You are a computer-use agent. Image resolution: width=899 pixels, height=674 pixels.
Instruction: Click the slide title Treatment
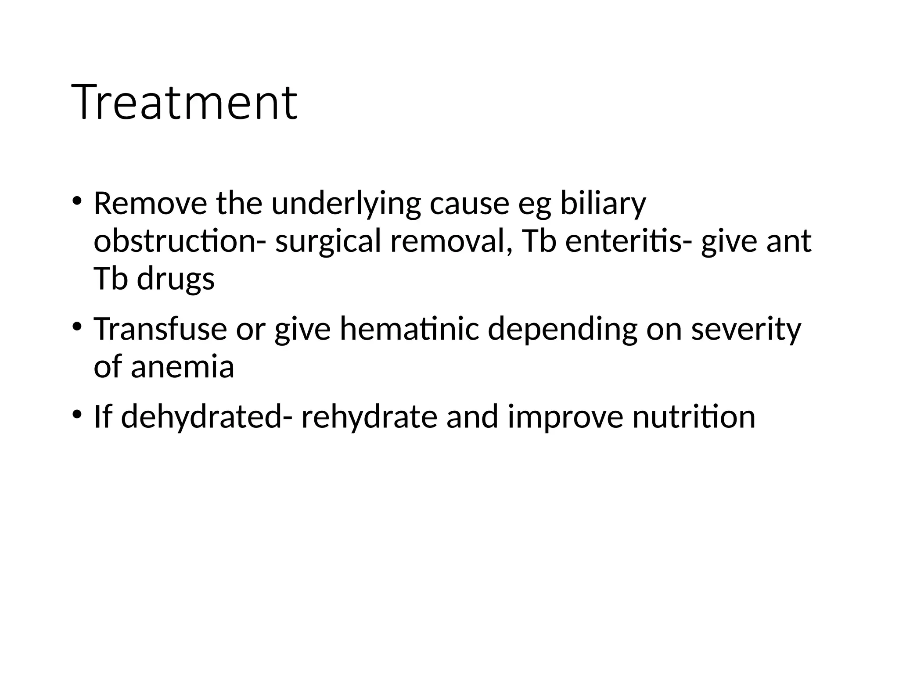184,103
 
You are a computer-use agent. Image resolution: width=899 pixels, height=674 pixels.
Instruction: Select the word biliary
603,204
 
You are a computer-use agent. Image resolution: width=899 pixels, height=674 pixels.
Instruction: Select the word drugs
176,280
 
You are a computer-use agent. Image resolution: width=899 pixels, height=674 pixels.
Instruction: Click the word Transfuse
161,329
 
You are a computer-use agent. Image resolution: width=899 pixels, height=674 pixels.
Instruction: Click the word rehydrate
369,417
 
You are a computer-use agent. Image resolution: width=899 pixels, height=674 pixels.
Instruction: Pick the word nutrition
694,416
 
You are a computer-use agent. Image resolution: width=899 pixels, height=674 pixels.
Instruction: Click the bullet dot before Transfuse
77,327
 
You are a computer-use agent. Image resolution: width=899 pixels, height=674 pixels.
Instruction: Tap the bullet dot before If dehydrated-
77,415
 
